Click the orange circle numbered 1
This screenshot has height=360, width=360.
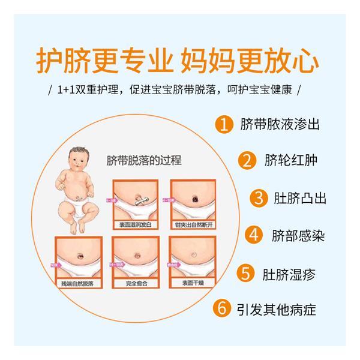pos(224,125)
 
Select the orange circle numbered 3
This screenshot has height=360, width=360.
pos(259,198)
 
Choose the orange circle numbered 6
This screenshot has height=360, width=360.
pos(223,310)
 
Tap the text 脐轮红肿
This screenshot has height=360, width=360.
pos(291,161)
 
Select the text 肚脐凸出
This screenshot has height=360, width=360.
pos(301,198)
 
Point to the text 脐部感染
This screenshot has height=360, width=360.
pos(298,235)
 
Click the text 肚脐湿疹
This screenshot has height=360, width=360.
pos(289,273)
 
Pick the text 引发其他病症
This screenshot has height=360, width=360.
pos(275,310)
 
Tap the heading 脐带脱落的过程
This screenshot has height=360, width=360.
pos(143,161)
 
